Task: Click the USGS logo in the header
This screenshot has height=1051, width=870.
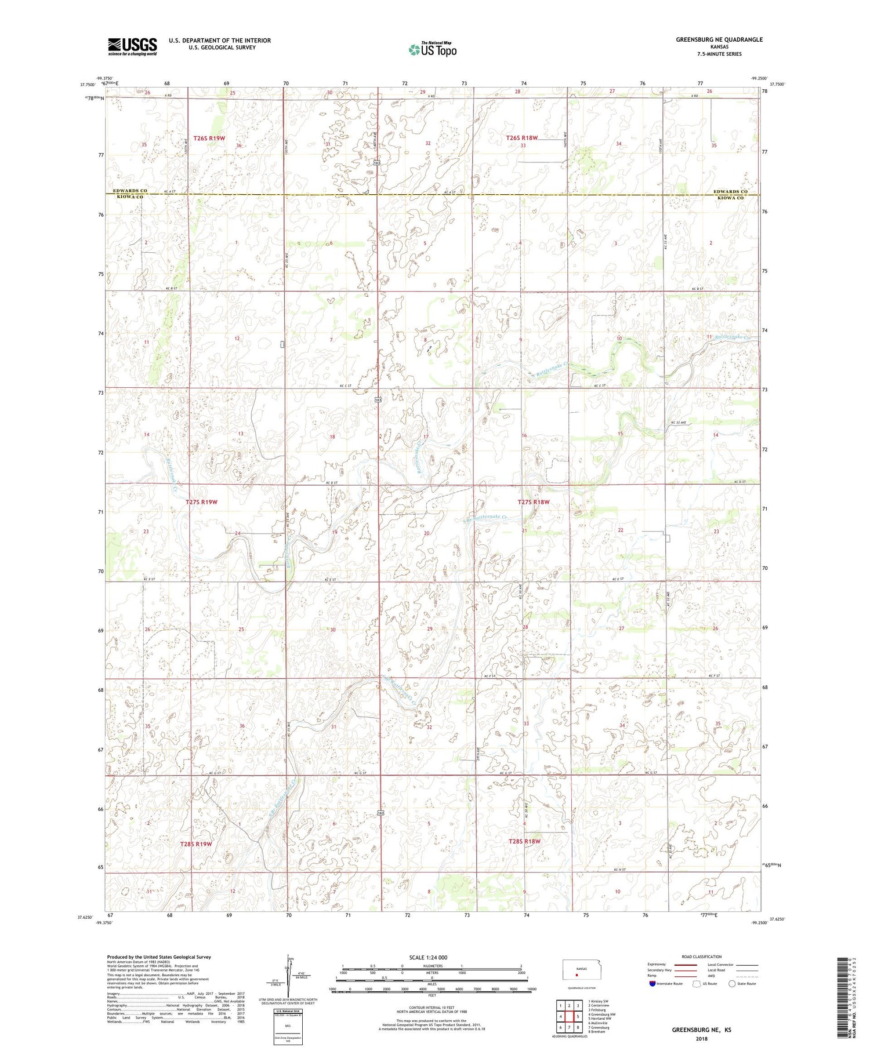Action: (x=132, y=46)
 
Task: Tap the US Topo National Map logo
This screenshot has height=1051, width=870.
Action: (x=432, y=49)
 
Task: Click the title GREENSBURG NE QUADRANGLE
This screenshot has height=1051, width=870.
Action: (x=719, y=39)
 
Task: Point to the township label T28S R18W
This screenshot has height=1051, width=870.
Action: (x=524, y=841)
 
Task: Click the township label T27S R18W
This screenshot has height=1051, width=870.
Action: (x=533, y=502)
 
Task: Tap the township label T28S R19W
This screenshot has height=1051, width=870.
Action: (x=196, y=844)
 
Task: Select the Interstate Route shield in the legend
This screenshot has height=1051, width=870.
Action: (x=652, y=983)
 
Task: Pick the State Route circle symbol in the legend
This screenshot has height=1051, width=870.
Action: (x=732, y=983)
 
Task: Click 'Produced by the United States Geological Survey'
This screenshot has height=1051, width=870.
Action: (x=158, y=957)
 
